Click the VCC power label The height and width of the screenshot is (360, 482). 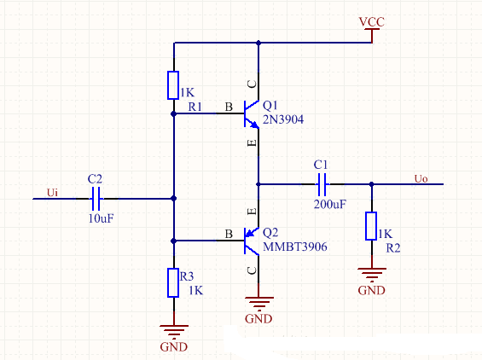click(372, 22)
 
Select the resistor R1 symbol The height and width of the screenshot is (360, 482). click(173, 85)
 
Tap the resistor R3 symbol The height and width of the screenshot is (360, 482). click(173, 282)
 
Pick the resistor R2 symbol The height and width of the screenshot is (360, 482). click(371, 226)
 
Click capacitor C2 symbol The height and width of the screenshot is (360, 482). click(96, 199)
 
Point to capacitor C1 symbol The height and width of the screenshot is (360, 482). click(322, 184)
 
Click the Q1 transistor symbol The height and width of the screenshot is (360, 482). click(252, 113)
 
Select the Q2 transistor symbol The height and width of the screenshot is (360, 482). click(252, 241)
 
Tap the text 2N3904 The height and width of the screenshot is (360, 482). click(283, 119)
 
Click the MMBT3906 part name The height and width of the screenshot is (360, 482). click(295, 247)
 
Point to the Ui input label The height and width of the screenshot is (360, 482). click(52, 193)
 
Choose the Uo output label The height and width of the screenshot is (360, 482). click(421, 178)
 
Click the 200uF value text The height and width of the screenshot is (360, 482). click(330, 204)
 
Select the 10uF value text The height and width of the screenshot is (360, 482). click(102, 218)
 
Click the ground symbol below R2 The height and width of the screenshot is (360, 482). click(372, 275)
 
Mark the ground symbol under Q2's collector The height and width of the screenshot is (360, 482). click(258, 304)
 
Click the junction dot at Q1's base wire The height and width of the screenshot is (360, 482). click(173, 113)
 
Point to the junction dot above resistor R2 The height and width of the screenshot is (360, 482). click(371, 184)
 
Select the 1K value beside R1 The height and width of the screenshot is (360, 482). click(187, 92)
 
